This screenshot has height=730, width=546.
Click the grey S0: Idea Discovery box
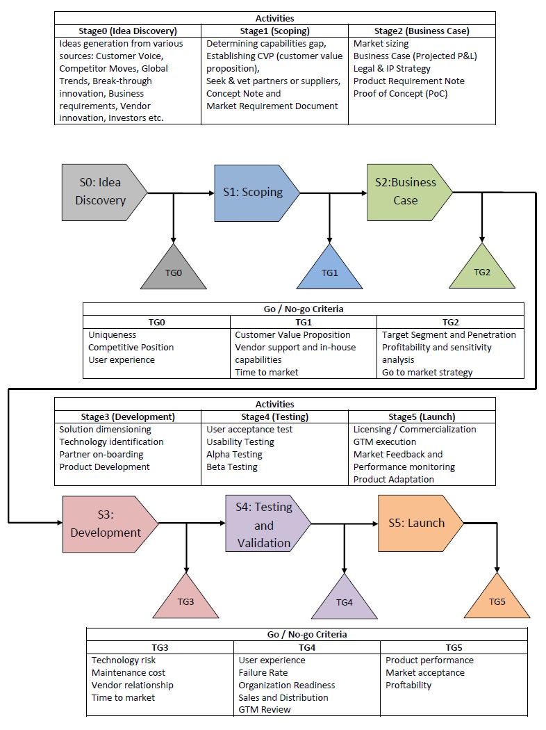pyautogui.click(x=103, y=191)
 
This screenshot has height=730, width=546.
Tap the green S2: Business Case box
pyautogui.click(x=407, y=191)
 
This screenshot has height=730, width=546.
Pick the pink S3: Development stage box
pyautogui.click(x=105, y=524)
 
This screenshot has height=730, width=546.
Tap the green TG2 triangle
pyautogui.click(x=481, y=270)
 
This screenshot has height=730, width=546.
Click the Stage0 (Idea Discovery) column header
pyautogui.click(x=128, y=31)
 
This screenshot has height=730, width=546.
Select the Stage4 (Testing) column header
pyautogui.click(x=275, y=416)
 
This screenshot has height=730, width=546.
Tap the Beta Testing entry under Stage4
pyautogui.click(x=232, y=467)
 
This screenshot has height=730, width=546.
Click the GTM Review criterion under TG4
pyautogui.click(x=265, y=709)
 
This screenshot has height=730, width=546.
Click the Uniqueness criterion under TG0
pyautogui.click(x=112, y=334)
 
